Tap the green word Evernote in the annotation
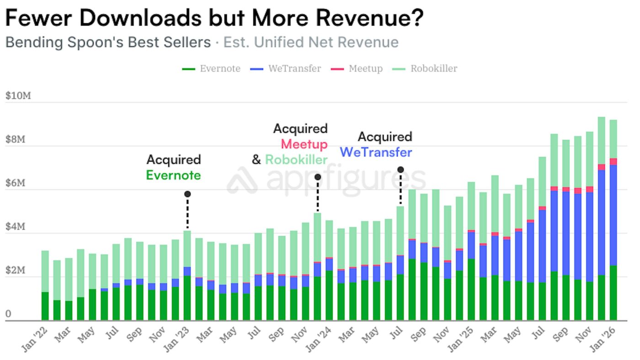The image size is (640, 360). coord(173,175)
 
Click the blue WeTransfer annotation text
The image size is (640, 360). coord(376,152)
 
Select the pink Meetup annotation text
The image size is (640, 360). coord(304,144)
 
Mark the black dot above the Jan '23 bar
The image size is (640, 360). coord(187,194)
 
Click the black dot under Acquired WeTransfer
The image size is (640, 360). coord(400,169)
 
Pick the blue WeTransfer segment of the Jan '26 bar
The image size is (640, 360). coord(613,215)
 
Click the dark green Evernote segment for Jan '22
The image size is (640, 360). coord(45,306)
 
